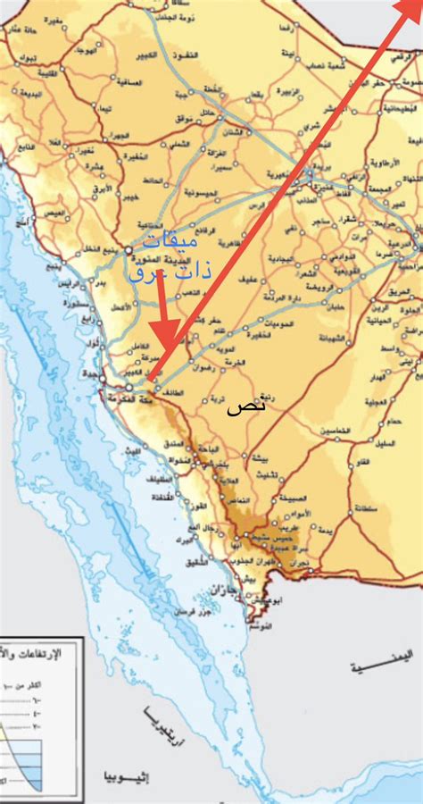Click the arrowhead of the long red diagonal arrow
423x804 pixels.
411,11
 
